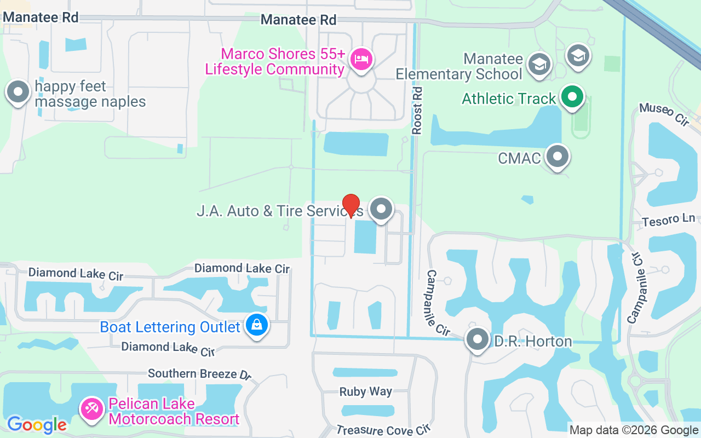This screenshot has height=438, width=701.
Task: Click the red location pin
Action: [350, 205]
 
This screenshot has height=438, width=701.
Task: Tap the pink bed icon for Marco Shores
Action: [361, 58]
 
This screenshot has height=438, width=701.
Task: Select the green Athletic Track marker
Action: [572, 97]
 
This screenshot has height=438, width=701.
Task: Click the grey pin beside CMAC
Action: [558, 157]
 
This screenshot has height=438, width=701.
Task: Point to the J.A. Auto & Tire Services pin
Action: [381, 209]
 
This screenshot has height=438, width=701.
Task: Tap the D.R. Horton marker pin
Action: [478, 339]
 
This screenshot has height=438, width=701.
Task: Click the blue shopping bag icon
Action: [256, 325]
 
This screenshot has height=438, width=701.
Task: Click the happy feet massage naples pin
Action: [18, 92]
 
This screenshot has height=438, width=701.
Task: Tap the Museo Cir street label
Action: [663, 114]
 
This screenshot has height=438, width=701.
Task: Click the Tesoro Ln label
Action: [668, 220]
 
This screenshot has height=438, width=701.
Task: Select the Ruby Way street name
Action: [365, 391]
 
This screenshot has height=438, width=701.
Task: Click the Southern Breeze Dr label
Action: [199, 373]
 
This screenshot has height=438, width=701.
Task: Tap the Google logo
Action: [37, 424]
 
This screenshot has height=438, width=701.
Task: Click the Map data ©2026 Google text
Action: [633, 430]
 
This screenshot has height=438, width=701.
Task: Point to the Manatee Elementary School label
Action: [459, 66]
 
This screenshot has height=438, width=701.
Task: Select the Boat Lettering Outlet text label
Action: [170, 327]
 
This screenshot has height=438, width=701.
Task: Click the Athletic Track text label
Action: [509, 99]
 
